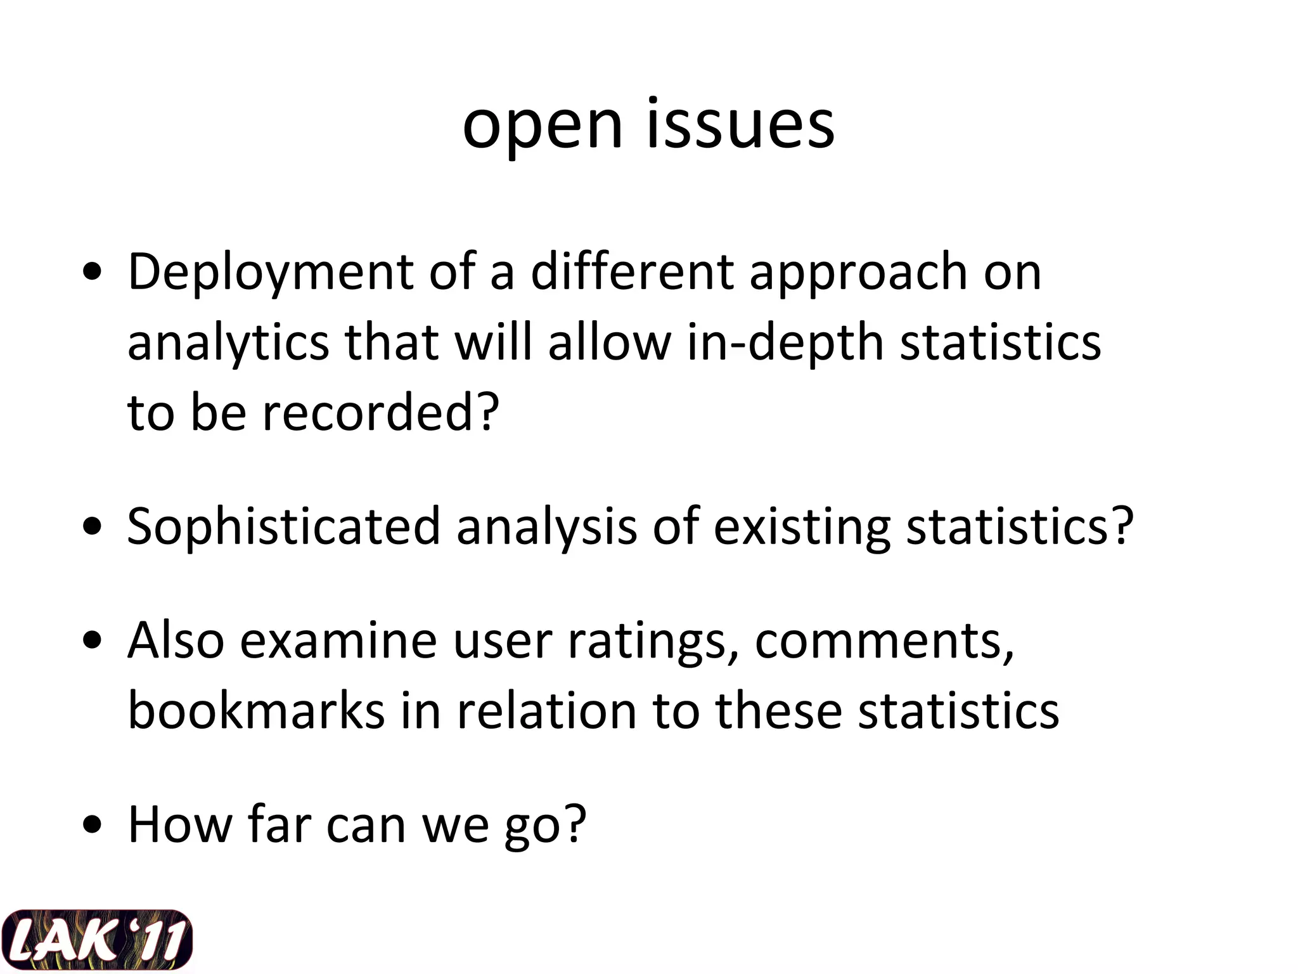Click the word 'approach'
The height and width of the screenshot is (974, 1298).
[x=859, y=272]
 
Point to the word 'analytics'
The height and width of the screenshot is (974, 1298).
[x=228, y=343]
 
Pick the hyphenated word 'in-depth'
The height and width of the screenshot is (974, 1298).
[x=785, y=343]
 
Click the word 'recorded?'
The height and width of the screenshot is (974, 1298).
[x=381, y=412]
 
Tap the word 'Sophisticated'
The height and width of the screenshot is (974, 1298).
[x=283, y=526]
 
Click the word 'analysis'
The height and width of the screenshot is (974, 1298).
[x=546, y=526]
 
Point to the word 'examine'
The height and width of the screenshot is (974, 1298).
[x=338, y=640]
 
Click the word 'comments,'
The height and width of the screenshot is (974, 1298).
[x=884, y=640]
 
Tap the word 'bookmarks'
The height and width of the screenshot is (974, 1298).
[x=256, y=710]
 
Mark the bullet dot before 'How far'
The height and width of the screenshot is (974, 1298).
[x=93, y=826]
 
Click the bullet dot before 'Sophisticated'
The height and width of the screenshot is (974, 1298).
[x=93, y=527]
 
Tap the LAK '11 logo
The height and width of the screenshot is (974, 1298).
[x=96, y=940]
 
